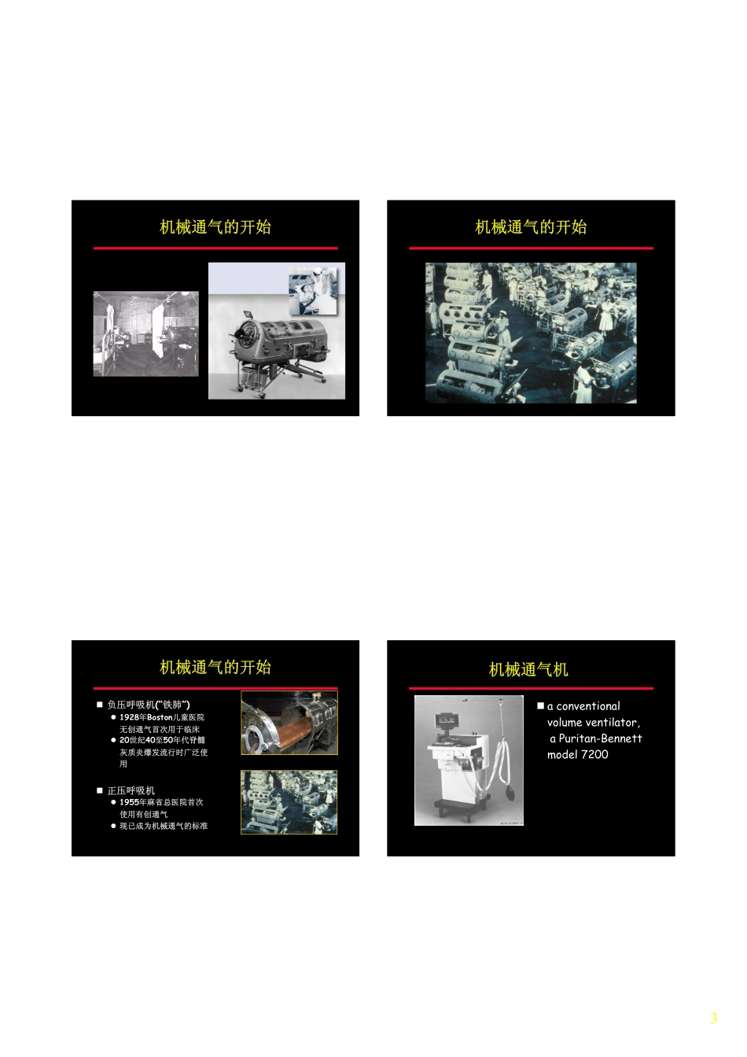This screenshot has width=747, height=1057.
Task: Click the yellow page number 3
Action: [713, 1018]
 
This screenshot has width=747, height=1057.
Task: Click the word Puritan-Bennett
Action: [600, 738]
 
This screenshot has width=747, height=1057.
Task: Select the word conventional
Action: [588, 706]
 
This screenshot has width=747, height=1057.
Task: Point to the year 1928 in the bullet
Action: [129, 717]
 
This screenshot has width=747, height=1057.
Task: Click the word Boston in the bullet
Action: [160, 717]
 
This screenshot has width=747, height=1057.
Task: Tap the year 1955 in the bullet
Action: [129, 802]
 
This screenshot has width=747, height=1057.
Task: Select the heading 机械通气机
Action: [528, 669]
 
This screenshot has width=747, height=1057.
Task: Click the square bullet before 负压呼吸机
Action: [100, 705]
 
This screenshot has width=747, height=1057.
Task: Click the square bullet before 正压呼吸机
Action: [100, 790]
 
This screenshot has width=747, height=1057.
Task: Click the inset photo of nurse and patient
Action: [313, 291]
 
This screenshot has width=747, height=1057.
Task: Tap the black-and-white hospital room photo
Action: [145, 333]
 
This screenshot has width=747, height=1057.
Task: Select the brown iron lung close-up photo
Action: [289, 723]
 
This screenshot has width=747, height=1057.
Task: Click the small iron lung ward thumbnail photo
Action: [289, 802]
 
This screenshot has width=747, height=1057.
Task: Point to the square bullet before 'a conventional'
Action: [541, 706]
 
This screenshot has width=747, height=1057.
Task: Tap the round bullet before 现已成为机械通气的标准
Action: [113, 826]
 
